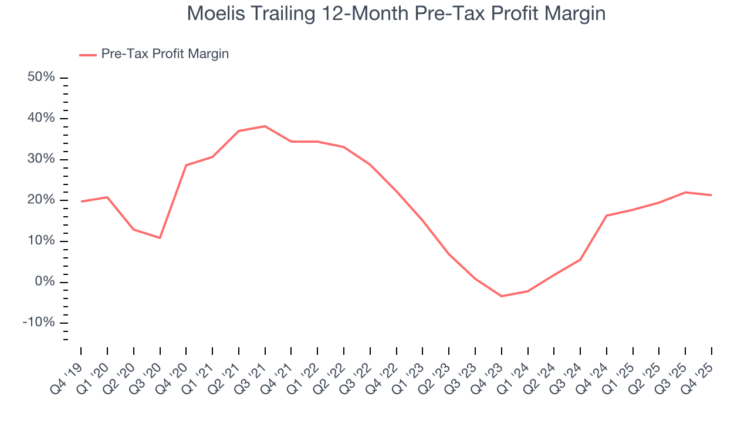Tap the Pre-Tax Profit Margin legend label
coord(165,54)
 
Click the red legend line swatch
coord(88,55)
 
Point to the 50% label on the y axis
coord(41,78)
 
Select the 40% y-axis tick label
coord(41,119)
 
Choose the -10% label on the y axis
coord(39,323)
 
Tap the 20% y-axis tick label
coord(41,200)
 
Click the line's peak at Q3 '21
coord(265,126)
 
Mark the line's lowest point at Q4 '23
coord(501,296)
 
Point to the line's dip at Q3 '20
coord(160,238)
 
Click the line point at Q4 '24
coord(607,216)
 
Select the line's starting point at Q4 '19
coord(81,202)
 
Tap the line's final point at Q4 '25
coord(712,195)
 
